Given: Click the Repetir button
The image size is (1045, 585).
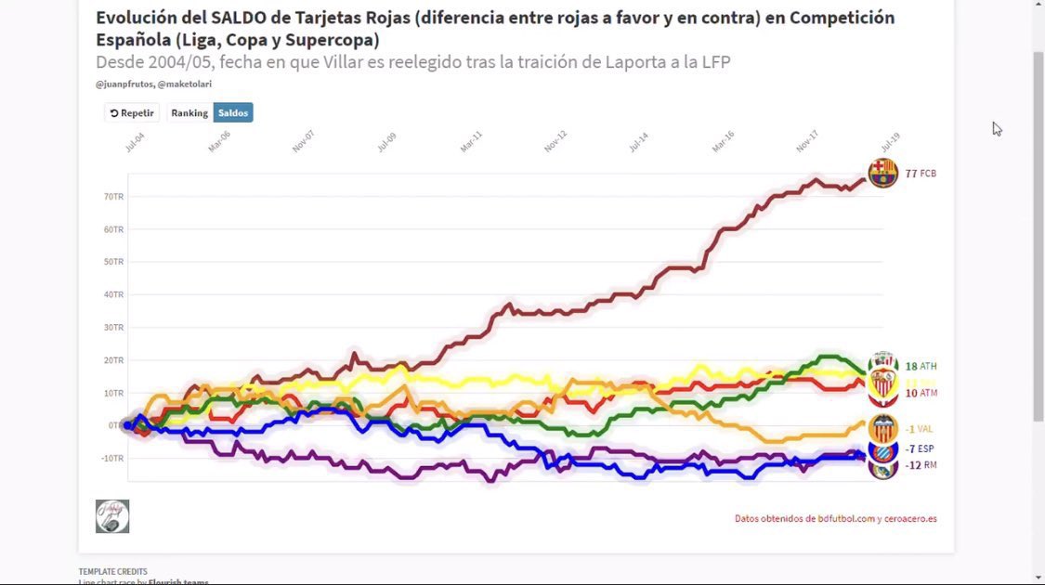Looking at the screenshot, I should point(132,112).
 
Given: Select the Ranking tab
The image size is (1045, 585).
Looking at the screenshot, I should point(189,112).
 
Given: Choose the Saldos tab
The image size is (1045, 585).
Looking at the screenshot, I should point(233,112).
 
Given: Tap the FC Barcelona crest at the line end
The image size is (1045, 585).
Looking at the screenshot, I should point(882,173).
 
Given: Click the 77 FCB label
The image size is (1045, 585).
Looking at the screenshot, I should point(920,174).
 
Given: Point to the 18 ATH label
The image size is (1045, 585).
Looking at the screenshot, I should point(921,367).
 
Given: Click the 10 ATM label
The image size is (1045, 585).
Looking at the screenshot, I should point(921,394).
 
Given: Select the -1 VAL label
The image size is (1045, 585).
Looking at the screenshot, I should point(919,429).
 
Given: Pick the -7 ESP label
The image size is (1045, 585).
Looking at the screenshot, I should point(919,448).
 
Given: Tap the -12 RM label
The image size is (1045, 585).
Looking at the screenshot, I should point(920,465).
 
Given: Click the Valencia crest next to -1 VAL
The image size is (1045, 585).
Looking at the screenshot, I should point(882,429).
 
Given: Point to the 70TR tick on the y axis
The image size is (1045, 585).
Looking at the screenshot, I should point(113,197).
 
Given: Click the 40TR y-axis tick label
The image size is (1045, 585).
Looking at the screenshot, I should point(113,295).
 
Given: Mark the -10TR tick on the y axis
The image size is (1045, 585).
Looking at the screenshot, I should point(111,459).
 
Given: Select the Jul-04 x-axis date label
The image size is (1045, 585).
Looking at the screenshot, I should point(134,141).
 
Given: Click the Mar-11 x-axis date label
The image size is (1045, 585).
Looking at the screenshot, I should point(471,141).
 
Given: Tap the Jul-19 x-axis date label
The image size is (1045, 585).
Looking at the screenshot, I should point(890,141).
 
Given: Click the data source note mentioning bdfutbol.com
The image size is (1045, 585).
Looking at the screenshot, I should point(835,519).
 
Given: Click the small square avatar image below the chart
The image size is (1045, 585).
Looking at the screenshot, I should point(112,516).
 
